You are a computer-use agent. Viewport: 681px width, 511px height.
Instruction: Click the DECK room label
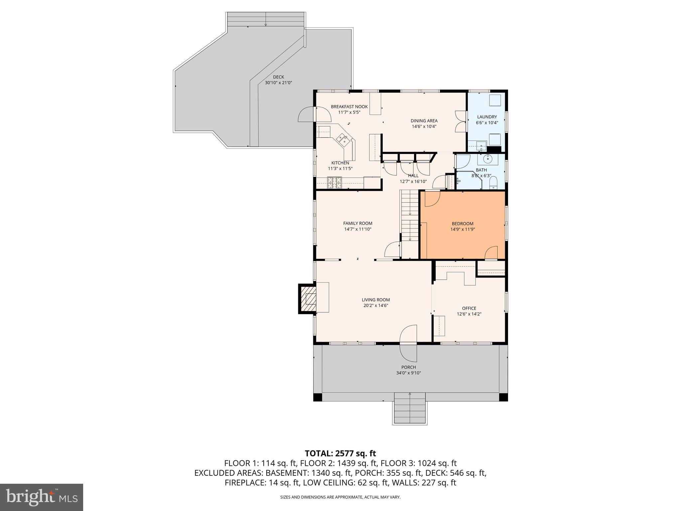[x=278, y=77]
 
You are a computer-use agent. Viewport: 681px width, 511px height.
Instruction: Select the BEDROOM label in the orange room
[x=462, y=224]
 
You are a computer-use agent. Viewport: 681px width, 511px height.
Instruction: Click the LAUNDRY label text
[x=487, y=117]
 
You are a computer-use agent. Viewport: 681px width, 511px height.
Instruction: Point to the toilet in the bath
[x=493, y=183]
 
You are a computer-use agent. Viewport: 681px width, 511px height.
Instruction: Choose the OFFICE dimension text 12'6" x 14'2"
[x=469, y=314]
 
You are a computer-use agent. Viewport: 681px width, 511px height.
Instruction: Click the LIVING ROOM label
[x=376, y=300]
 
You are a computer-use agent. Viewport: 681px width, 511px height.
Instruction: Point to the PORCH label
[x=408, y=367]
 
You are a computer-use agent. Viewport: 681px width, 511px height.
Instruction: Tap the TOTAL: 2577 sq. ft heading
[x=340, y=453]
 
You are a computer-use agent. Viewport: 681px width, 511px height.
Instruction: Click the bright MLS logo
[x=42, y=497]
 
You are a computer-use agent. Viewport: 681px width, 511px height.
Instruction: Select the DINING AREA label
[x=424, y=121]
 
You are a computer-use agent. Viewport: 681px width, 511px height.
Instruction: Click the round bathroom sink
[x=488, y=159]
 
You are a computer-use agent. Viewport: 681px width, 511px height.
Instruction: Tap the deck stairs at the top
[x=265, y=20]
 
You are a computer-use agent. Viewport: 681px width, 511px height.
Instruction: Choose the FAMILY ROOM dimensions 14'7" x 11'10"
[x=357, y=229]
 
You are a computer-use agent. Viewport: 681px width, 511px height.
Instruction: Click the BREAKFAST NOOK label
[x=349, y=106]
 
